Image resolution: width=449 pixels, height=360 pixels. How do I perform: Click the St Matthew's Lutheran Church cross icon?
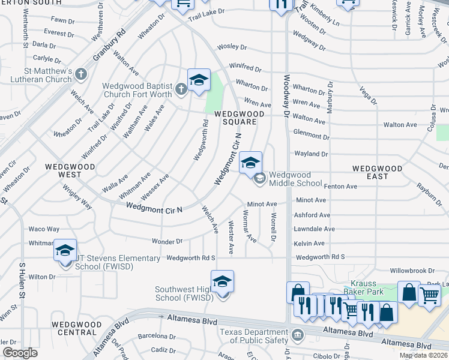point(81,74)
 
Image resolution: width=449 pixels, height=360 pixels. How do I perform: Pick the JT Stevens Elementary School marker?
point(65,251)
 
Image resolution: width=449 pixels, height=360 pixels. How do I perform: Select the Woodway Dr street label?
point(286,97)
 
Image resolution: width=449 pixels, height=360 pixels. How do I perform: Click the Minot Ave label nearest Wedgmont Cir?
point(262,204)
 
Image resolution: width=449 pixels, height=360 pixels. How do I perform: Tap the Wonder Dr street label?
point(167,241)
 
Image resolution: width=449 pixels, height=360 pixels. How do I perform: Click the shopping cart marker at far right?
point(429,295)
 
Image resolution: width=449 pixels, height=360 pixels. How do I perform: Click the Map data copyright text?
point(424,355)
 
